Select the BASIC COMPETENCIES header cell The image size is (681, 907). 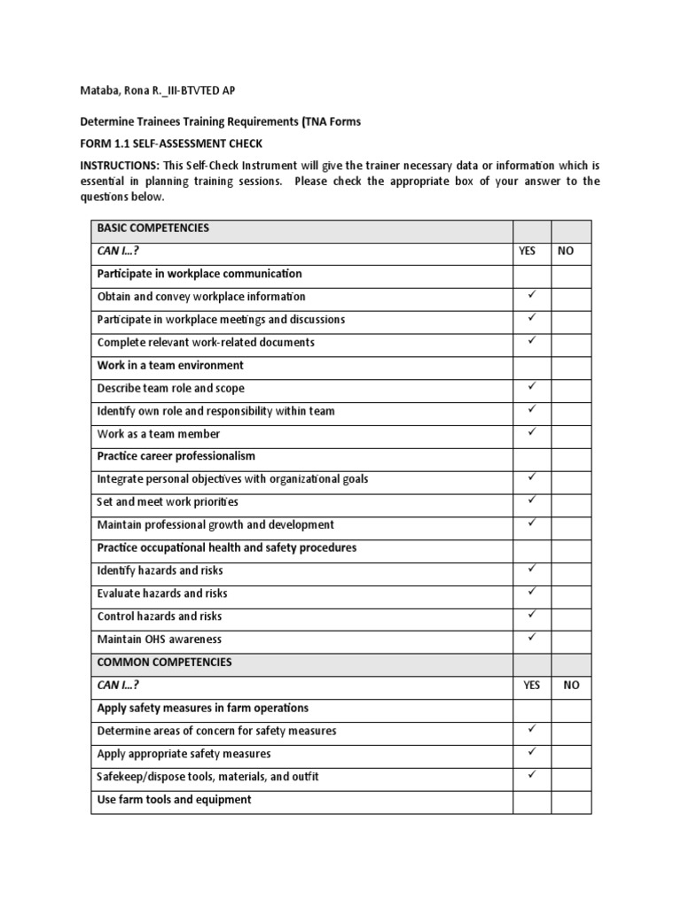tap(153, 229)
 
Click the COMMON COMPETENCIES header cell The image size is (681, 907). tap(165, 663)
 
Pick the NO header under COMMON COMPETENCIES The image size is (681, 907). tap(570, 686)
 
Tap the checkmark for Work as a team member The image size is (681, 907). tap(532, 432)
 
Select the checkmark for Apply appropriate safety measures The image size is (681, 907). tap(532, 752)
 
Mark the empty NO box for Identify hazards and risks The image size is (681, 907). tap(571, 570)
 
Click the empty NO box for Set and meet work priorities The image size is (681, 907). tap(571, 501)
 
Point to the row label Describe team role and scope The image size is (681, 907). tap(171, 389)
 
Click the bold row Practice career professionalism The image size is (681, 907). tap(176, 457)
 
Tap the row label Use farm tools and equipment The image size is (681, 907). tap(174, 800)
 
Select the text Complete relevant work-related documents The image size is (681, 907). tap(206, 343)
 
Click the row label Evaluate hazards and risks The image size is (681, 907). tap(162, 593)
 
